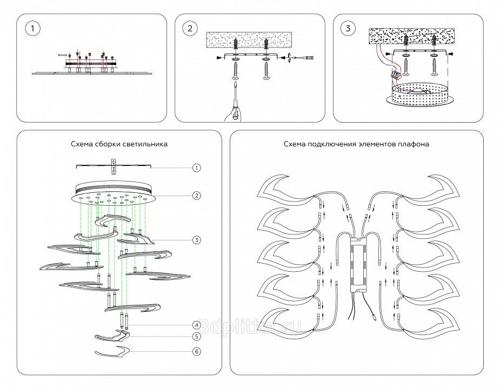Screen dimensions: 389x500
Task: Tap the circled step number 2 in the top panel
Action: [x=189, y=29]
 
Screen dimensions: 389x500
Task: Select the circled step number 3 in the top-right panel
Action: [x=348, y=29]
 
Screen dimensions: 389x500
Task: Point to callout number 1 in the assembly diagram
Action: [x=197, y=168]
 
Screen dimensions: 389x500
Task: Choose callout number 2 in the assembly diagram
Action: [x=197, y=195]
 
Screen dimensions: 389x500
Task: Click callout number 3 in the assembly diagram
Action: [x=197, y=239]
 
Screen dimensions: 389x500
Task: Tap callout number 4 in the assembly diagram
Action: [x=197, y=325]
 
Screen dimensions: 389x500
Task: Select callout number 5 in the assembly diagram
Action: [x=197, y=336]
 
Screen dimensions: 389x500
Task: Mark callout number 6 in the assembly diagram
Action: [x=197, y=352]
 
